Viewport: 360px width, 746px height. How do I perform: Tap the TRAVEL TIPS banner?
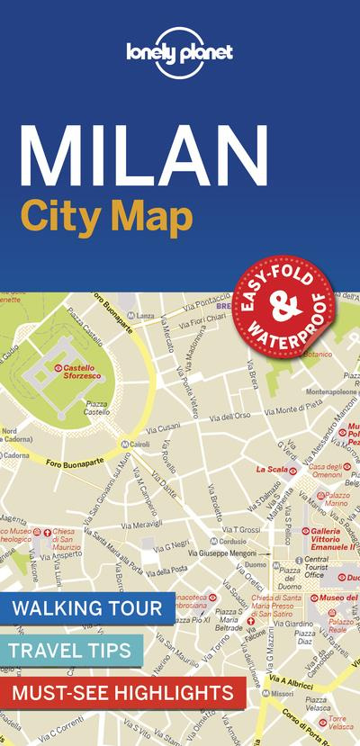[71, 650]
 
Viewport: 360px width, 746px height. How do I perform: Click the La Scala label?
[271, 469]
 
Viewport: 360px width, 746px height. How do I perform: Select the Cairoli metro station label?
[139, 445]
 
